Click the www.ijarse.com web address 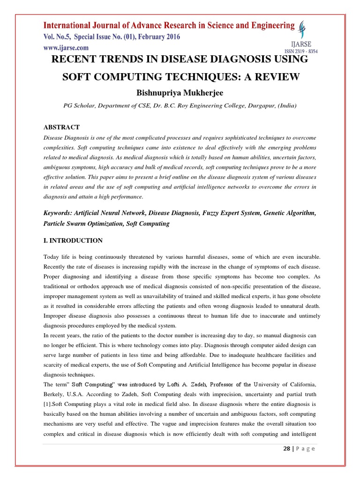coord(66,47)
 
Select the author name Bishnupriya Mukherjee coord(180,93)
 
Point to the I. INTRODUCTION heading coord(73,240)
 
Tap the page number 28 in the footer coord(286,448)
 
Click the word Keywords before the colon coord(59,213)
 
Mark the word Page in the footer coord(306,448)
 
